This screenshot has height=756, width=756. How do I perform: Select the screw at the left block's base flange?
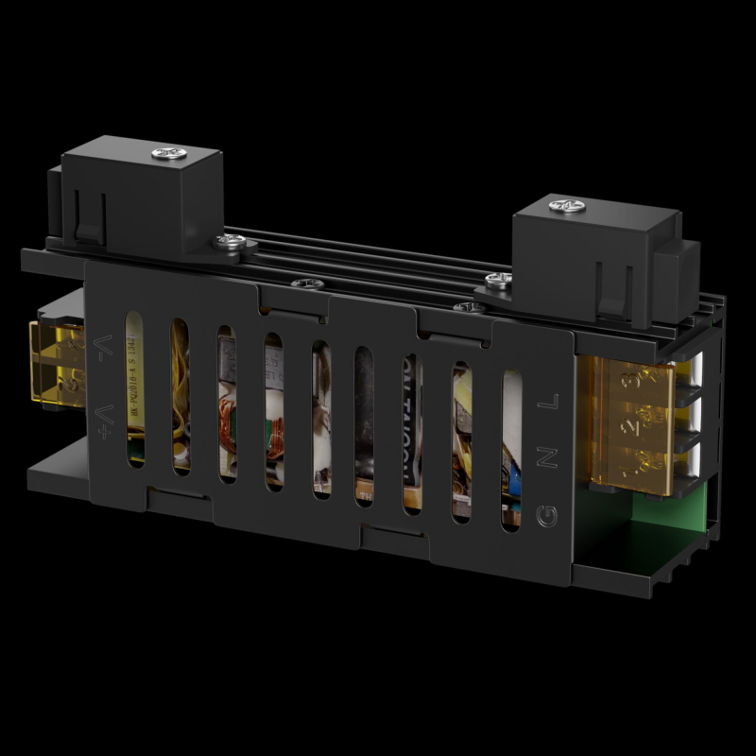point(230,243)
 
